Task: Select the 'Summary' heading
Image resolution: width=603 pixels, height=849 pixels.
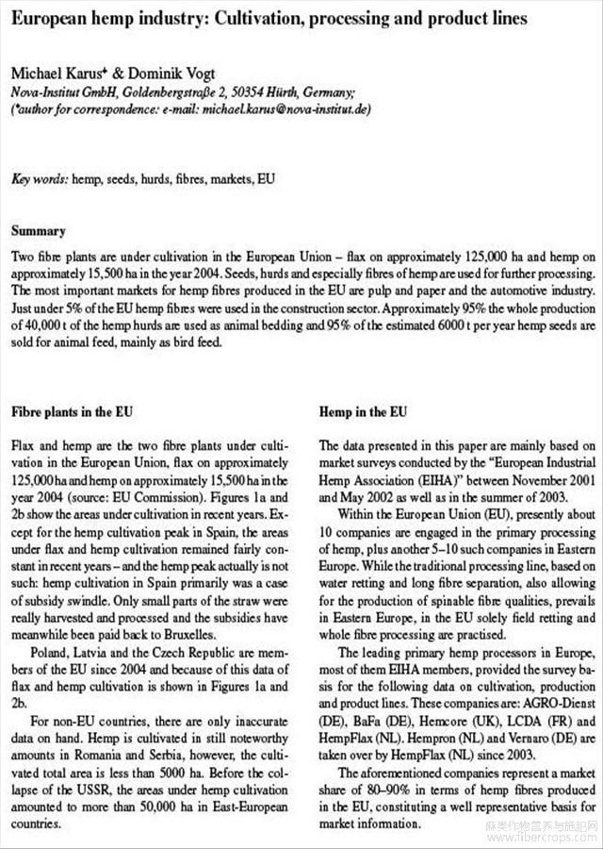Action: [38, 231]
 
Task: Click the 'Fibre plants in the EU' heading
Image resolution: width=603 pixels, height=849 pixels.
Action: [72, 412]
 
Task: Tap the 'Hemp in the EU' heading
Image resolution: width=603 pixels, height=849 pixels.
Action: [364, 412]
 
